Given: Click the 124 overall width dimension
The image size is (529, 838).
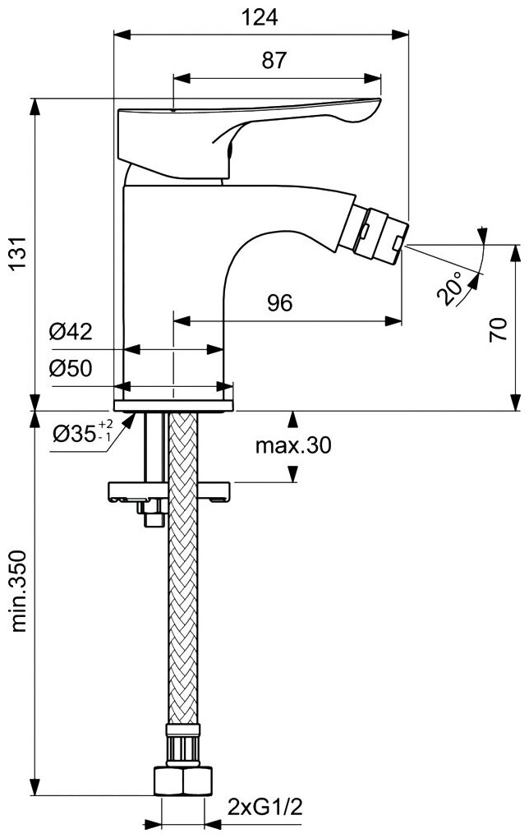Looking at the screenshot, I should (260, 16).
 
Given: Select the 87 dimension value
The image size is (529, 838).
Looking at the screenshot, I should (276, 60).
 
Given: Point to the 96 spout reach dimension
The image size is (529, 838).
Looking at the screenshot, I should (280, 302).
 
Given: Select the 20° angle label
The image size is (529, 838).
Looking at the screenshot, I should (451, 288).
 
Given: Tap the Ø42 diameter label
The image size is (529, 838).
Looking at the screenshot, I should (71, 333).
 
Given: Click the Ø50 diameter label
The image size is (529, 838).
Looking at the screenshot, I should (71, 369).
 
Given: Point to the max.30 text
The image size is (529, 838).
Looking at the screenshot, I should (292, 445).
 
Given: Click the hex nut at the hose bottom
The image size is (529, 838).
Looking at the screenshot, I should (183, 780).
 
